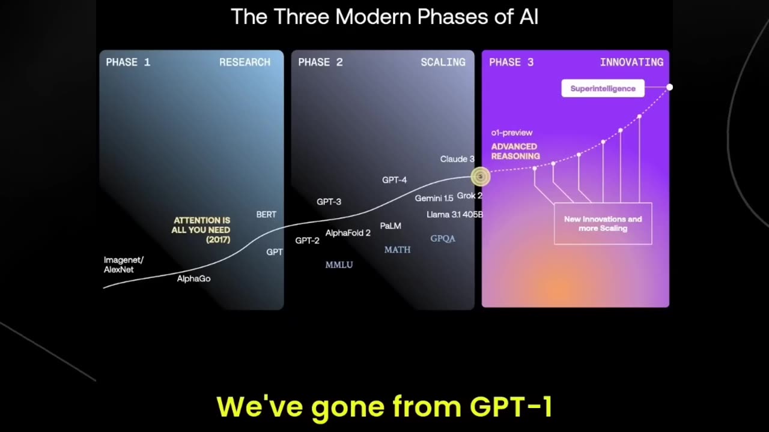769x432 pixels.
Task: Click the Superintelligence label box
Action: click(603, 88)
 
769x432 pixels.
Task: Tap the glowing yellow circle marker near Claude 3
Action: click(480, 176)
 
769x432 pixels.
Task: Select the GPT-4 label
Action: click(394, 180)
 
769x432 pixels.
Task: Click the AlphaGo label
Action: click(193, 279)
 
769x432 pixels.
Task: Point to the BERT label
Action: click(266, 214)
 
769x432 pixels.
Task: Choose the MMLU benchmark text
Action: click(339, 265)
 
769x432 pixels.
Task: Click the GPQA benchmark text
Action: click(443, 239)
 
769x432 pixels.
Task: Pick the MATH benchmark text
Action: click(397, 250)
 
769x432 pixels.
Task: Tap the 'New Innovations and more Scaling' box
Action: click(603, 224)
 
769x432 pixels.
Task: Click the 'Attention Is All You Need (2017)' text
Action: click(201, 230)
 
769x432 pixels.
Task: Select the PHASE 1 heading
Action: click(128, 62)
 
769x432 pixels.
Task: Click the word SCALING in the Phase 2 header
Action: click(443, 62)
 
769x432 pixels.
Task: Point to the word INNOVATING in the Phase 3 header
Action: click(631, 62)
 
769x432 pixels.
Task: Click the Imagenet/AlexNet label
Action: click(123, 265)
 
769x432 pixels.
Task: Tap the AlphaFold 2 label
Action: click(348, 233)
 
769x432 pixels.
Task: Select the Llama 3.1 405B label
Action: click(454, 214)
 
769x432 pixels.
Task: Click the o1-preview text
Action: click(511, 133)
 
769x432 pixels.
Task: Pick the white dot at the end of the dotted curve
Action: click(669, 88)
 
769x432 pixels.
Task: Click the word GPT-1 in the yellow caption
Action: click(511, 406)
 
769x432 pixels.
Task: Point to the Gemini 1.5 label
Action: click(434, 198)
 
